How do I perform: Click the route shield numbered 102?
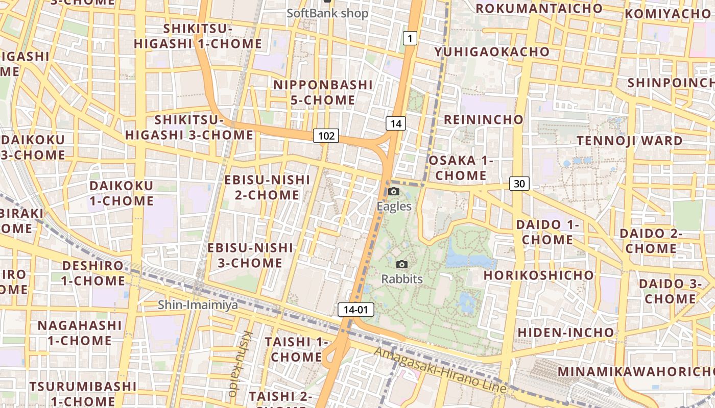click(x=326, y=136)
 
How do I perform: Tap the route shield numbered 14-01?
click(x=355, y=310)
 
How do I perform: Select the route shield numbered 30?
click(x=519, y=184)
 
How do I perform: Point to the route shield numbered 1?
click(x=410, y=38)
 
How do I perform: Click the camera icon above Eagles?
click(x=394, y=191)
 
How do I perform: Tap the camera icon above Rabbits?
click(x=402, y=264)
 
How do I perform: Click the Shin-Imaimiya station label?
click(x=198, y=305)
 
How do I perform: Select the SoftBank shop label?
click(x=327, y=13)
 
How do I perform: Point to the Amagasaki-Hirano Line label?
click(x=440, y=371)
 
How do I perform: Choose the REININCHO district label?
click(x=484, y=120)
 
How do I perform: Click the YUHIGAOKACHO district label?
click(x=492, y=52)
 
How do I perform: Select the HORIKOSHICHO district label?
click(x=539, y=275)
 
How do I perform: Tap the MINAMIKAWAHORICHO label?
click(x=635, y=371)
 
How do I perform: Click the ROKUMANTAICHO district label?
click(x=539, y=9)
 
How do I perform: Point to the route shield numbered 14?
click(x=395, y=123)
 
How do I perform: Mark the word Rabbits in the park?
click(x=402, y=279)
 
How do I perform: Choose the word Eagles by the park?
click(x=394, y=206)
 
